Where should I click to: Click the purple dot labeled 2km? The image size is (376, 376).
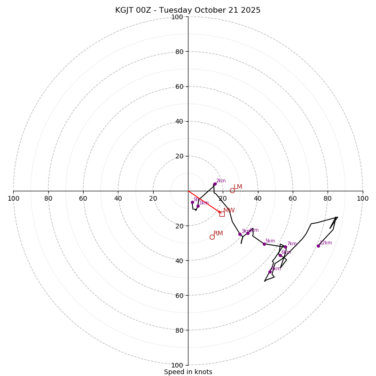pos(215,184)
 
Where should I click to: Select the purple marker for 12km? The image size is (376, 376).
pos(318,246)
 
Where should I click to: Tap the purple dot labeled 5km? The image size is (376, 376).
pos(264,244)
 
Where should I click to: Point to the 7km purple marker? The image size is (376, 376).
pos(285,247)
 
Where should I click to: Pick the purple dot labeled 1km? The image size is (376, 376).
pos(198,206)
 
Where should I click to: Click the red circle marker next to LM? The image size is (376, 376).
pos(232,190)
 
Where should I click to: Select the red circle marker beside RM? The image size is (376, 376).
pos(212,237)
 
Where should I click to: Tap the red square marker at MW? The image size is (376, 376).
pos(222,214)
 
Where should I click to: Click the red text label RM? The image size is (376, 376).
pos(218,234)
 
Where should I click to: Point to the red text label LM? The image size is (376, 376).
pos(238,187)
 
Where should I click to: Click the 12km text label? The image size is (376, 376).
pos(326,243)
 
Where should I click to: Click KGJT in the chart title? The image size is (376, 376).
pos(125,10)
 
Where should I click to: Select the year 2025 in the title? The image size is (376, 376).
pos(251,10)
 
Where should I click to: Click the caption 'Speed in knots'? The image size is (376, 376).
pos(188,372)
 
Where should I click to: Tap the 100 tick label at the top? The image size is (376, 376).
pos(177,17)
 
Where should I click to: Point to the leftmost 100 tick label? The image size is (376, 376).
pos(13,198)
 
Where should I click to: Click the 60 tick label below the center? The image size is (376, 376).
pos(179,295)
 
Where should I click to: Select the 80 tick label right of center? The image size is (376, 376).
pos(328,198)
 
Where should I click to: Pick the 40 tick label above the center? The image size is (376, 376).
pos(179,121)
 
